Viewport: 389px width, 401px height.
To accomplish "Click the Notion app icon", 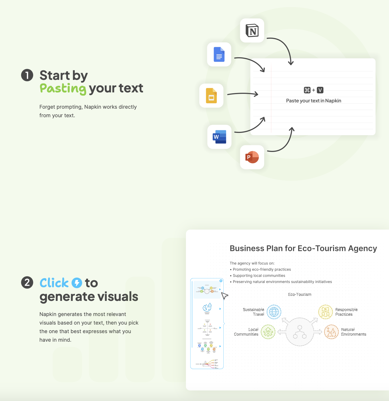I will click(252, 31).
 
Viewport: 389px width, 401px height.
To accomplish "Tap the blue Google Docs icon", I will click(219, 54).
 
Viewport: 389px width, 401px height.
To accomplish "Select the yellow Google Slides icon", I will click(211, 96).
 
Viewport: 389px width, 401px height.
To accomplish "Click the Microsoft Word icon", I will click(219, 137).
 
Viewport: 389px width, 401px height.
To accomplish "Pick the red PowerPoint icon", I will click(252, 157).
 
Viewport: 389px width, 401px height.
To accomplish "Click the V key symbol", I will click(320, 90).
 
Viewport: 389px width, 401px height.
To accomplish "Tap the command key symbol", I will click(307, 90).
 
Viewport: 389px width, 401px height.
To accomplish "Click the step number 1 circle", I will click(27, 75).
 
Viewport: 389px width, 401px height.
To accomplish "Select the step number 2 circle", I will click(27, 282).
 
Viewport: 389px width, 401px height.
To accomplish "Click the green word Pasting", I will click(63, 88).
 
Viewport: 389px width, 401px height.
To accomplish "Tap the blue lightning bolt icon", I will click(77, 283).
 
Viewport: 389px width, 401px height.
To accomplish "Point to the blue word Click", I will click(54, 283).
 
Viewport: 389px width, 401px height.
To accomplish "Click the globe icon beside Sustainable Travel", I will click(274, 312).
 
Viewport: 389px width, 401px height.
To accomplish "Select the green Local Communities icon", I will click(268, 332).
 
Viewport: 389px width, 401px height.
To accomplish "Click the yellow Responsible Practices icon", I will click(325, 312).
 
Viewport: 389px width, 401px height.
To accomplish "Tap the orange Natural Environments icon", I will click(331, 332).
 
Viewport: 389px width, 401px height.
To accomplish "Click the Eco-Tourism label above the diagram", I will click(300, 294).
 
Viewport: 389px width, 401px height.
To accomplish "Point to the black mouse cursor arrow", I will click(224, 295).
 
